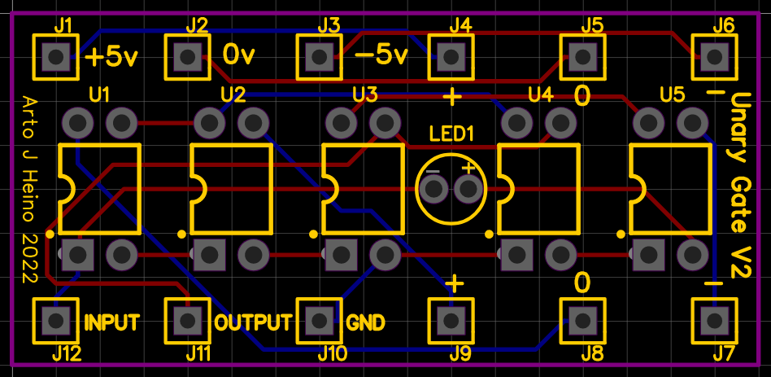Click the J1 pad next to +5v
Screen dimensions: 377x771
[55, 57]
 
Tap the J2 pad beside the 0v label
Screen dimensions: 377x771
[188, 57]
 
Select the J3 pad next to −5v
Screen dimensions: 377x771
[320, 57]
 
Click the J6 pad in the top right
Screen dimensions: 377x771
[715, 57]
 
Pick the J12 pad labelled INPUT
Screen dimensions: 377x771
[55, 320]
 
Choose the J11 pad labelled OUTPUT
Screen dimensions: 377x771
[188, 320]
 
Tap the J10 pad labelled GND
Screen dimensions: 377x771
[320, 320]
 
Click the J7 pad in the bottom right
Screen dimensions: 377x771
[715, 320]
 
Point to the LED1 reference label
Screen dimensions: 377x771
[451, 134]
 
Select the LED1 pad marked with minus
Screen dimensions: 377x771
[434, 190]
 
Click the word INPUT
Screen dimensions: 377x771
[112, 322]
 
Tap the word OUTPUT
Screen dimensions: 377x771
[252, 322]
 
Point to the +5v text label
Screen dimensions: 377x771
[111, 57]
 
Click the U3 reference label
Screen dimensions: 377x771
[365, 95]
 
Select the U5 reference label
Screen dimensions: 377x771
[672, 95]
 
